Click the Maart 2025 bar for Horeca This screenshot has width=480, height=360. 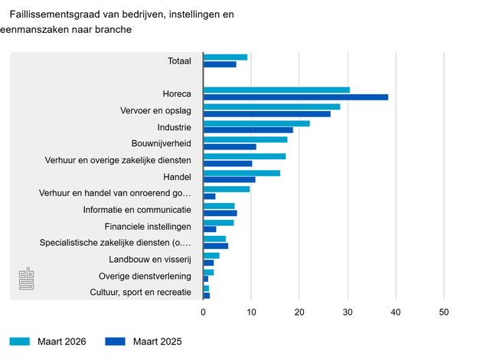[296, 97]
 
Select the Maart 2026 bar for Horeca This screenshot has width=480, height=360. [276, 90]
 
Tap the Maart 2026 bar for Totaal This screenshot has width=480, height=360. [225, 57]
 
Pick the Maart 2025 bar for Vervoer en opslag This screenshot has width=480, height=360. [267, 114]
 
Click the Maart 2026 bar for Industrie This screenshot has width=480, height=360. [256, 123]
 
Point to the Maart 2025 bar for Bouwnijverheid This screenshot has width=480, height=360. [230, 146]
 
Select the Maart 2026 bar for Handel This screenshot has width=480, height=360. [242, 173]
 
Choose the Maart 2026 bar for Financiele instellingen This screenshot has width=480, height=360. [219, 222]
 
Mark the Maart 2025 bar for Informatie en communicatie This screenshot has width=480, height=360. [220, 213]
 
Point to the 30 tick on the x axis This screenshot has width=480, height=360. [348, 312]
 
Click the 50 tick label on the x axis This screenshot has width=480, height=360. [444, 312]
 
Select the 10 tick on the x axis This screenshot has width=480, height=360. [252, 312]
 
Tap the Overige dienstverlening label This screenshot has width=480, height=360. [145, 276]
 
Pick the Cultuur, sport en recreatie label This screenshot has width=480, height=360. [140, 293]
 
